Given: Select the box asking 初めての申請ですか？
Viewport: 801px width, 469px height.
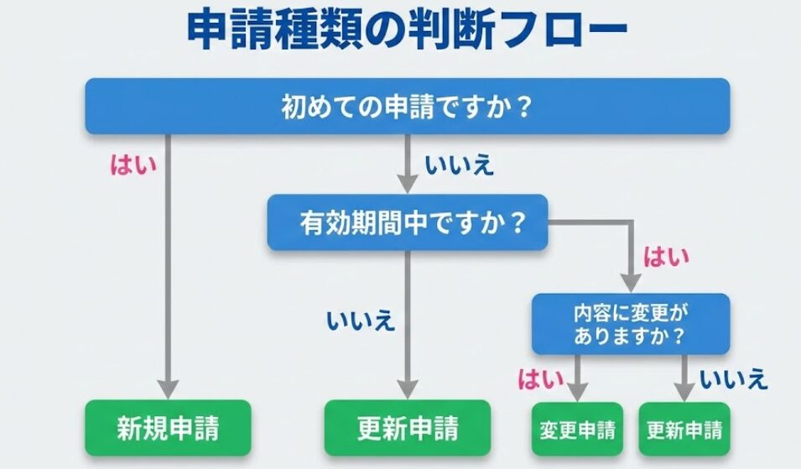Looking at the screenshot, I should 407,107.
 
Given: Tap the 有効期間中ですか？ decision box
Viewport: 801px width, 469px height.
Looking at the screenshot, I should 407,222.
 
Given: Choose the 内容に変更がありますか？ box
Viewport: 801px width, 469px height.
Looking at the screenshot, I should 630,323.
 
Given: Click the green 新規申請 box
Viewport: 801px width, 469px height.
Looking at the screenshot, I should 168,429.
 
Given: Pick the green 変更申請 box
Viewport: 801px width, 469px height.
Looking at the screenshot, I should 577,430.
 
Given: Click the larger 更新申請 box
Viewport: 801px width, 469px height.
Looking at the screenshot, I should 408,429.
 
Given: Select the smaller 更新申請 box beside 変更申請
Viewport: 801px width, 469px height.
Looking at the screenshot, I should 684,430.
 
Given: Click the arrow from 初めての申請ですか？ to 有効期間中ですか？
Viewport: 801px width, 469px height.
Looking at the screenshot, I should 408,164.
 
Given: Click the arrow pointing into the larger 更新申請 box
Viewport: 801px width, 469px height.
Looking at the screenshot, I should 408,327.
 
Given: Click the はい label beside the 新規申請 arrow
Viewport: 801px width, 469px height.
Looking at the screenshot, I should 133,164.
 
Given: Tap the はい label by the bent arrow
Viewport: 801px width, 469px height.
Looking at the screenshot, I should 666,257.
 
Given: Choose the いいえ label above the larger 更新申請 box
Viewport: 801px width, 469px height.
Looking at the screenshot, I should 361,320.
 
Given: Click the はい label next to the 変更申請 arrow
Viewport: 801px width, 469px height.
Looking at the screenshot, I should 541,379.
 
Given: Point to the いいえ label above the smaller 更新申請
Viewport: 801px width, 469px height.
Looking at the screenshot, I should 734,379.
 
